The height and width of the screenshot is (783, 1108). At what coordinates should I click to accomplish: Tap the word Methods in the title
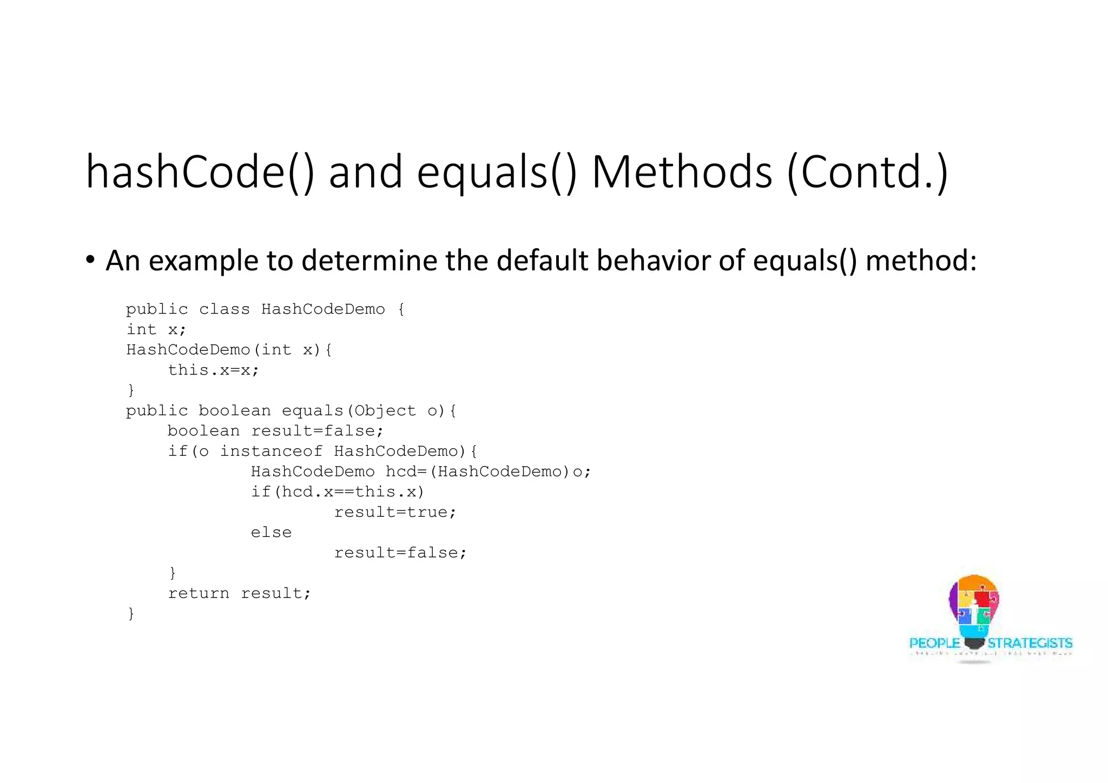(x=682, y=172)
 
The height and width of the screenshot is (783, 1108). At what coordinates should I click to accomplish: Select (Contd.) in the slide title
(x=867, y=172)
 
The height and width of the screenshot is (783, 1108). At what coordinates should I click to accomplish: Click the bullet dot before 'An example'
(x=90, y=260)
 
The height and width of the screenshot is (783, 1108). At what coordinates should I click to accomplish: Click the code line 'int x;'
(x=156, y=329)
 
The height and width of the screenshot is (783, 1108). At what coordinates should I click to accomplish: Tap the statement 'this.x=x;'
(x=214, y=370)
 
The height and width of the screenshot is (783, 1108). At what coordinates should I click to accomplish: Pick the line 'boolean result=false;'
(x=275, y=431)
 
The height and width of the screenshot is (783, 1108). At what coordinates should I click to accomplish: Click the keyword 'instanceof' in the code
(x=271, y=452)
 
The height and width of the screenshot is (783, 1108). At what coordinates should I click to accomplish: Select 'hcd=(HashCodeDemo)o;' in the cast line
(x=488, y=472)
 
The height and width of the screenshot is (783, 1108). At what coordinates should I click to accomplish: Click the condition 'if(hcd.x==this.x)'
(x=338, y=492)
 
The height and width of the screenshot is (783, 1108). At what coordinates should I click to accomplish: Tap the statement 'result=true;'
(x=395, y=512)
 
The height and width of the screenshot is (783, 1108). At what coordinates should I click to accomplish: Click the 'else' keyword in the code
(x=271, y=533)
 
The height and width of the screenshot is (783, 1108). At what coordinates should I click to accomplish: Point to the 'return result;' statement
(x=240, y=593)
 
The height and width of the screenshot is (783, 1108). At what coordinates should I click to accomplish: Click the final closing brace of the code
(x=131, y=614)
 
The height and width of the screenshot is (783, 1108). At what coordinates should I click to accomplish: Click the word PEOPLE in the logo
(x=934, y=643)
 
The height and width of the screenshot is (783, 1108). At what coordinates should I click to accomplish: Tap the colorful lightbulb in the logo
(x=974, y=608)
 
